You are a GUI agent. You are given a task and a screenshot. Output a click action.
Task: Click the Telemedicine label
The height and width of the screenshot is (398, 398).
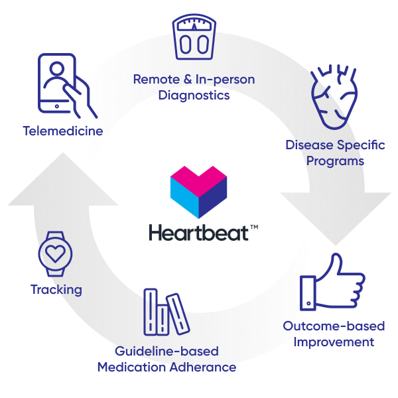[62, 131]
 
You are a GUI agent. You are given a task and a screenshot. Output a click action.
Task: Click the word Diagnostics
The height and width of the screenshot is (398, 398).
[194, 95]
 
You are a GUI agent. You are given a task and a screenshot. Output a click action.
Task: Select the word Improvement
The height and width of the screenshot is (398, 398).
[334, 342]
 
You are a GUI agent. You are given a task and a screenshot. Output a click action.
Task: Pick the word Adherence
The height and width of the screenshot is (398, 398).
[206, 367]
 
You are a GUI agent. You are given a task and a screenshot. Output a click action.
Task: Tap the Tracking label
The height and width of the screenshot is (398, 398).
[56, 289]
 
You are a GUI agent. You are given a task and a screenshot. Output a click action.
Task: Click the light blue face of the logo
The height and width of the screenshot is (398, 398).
[184, 202]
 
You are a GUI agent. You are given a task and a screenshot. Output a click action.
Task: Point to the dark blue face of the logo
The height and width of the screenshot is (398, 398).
[214, 202]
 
